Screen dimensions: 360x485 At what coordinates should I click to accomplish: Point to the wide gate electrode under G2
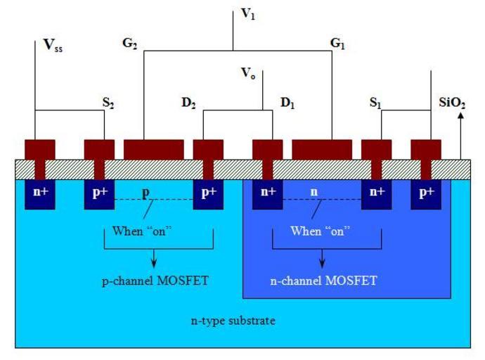point(154,149)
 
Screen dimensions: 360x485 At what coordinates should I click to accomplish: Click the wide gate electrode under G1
point(322,149)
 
